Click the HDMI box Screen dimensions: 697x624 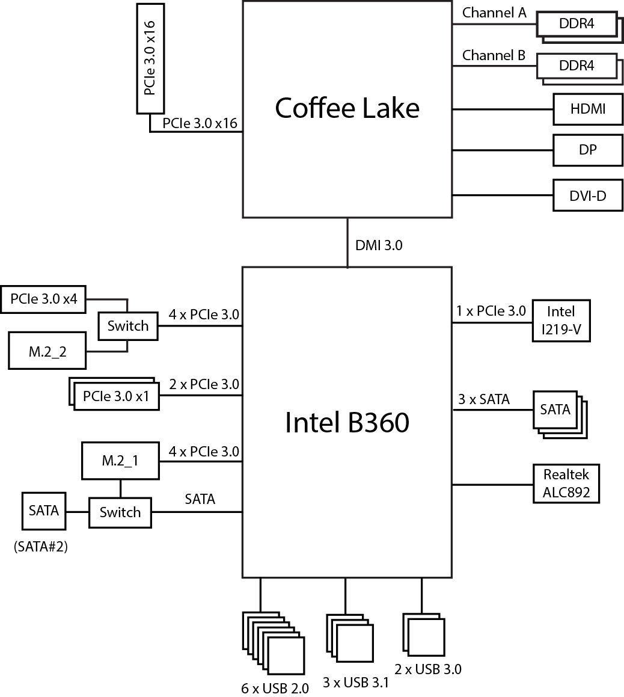588,109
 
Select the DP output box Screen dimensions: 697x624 588,150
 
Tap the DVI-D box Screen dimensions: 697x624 588,195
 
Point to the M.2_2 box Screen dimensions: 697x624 47,351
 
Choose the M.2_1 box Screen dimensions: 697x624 120,461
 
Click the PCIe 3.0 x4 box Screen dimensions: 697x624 44,299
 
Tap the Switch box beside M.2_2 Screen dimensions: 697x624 127,326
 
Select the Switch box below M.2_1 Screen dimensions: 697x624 120,512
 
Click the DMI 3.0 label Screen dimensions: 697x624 379,245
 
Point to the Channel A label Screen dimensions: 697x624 494,13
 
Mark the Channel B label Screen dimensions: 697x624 494,56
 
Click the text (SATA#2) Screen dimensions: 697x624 40,547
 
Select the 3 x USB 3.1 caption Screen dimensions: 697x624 356,683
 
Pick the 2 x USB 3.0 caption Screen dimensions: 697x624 428,669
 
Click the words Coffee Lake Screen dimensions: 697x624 347,108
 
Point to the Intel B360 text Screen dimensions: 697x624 347,422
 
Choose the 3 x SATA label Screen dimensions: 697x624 484,399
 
